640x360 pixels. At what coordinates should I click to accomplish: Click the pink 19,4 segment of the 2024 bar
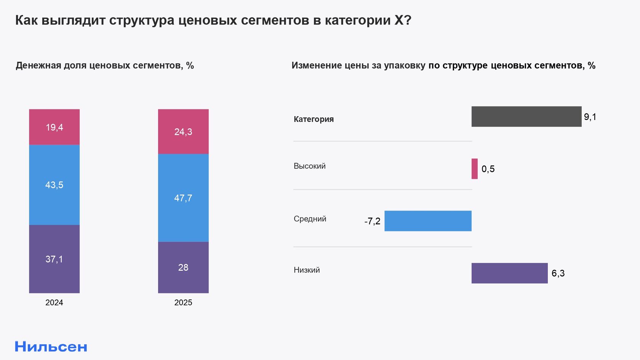[54, 127]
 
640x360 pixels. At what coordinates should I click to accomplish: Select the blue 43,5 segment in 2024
[54, 185]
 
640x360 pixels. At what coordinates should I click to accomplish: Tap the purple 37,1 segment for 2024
[54, 259]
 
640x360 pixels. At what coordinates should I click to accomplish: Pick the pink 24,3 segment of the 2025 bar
[183, 131]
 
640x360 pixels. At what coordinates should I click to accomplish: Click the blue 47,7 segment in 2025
[183, 198]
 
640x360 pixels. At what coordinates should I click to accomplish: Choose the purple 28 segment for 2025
[183, 267]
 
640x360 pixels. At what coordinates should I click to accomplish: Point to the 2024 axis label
[54, 302]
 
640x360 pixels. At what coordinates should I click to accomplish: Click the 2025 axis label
[183, 302]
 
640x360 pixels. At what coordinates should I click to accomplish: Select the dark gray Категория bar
[526, 117]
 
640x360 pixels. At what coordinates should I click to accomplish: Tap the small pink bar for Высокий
[475, 169]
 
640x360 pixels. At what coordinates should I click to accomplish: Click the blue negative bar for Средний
[428, 221]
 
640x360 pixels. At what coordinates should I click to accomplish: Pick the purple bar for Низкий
[509, 273]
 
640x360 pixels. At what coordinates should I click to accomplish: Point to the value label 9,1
[590, 117]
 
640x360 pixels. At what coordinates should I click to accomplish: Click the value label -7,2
[372, 221]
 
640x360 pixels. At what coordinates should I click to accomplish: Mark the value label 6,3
[558, 273]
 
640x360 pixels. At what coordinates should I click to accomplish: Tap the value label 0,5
[488, 169]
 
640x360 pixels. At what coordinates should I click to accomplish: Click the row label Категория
[314, 119]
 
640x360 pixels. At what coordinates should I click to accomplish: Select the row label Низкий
[307, 270]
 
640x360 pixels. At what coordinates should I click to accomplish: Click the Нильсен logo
[51, 347]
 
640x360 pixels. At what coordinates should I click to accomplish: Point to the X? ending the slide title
[403, 20]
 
